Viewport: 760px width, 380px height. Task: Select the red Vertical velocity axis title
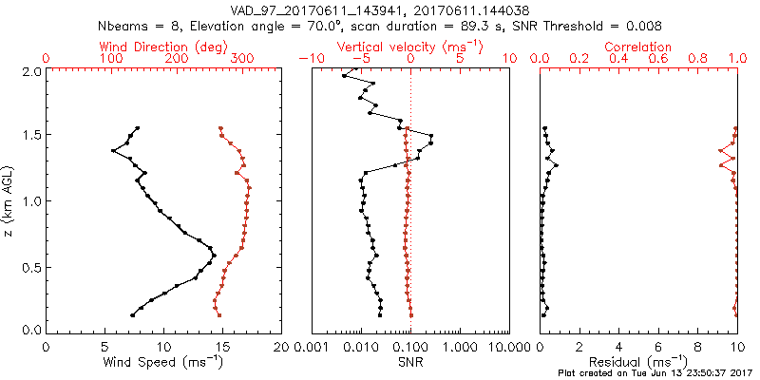point(409,47)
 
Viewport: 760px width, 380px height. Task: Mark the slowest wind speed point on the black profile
point(112,150)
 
